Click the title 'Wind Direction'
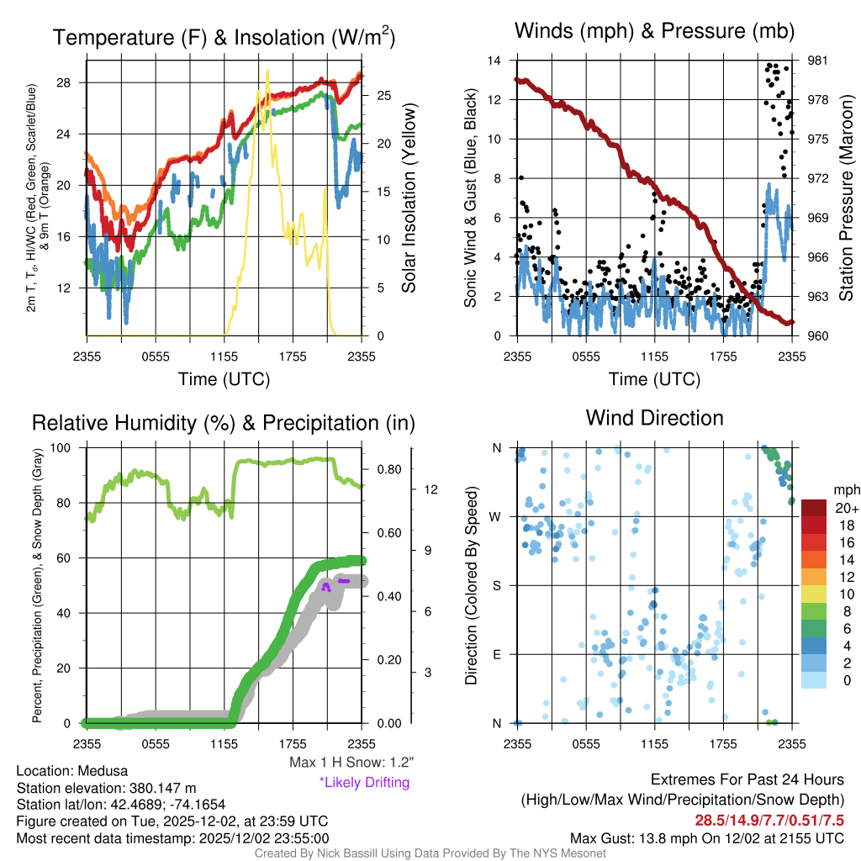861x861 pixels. click(654, 418)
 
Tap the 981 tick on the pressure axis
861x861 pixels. click(819, 61)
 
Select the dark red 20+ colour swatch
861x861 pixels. click(815, 507)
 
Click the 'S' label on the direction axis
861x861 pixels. click(497, 585)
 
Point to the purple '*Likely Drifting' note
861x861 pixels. click(364, 783)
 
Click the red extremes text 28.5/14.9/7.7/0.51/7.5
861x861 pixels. click(769, 820)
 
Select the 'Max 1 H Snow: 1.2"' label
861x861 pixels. click(351, 763)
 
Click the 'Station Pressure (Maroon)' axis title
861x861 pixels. click(847, 198)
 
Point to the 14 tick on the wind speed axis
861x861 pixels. click(494, 61)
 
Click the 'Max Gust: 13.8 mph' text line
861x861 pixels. click(706, 837)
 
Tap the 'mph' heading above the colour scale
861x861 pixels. click(844, 489)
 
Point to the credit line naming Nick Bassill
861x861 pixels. click(430, 853)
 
